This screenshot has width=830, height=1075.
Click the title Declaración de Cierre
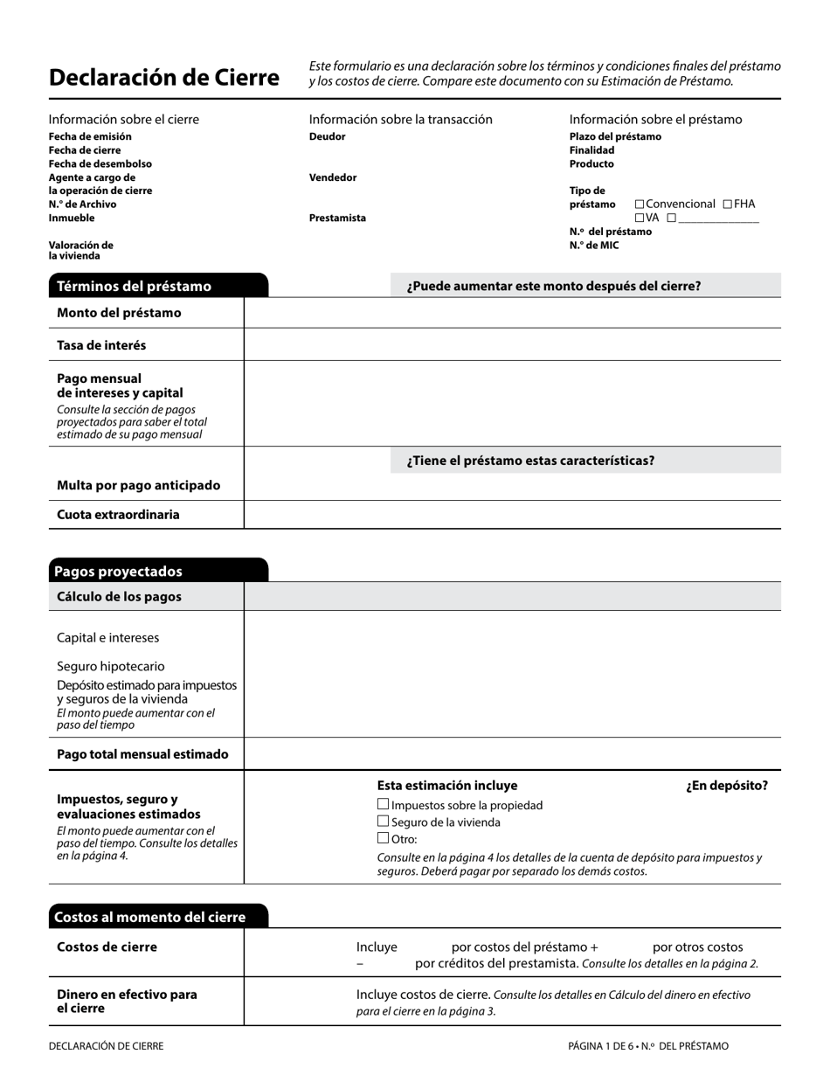click(x=164, y=78)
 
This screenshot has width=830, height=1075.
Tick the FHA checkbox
click(x=728, y=205)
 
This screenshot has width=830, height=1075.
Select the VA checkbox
click(x=640, y=218)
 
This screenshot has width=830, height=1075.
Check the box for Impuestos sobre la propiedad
click(x=383, y=805)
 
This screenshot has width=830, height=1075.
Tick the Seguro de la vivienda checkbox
click(x=383, y=822)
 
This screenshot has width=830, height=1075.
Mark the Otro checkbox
click(x=383, y=839)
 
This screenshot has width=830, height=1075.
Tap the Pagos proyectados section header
click(x=118, y=572)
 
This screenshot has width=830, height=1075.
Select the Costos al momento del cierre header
click(x=149, y=918)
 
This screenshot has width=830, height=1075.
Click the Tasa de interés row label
click(x=101, y=345)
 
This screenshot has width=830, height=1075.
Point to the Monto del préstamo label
click(x=119, y=313)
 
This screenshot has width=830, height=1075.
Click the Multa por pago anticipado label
click(x=138, y=486)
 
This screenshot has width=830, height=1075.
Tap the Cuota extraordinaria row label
click(x=118, y=515)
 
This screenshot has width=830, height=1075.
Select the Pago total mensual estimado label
click(x=142, y=754)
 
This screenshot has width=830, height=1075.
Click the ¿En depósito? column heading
click(x=727, y=786)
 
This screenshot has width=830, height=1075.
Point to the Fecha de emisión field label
click(x=90, y=137)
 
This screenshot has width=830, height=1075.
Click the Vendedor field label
click(x=333, y=177)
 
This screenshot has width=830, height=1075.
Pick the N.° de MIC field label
click(x=594, y=246)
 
